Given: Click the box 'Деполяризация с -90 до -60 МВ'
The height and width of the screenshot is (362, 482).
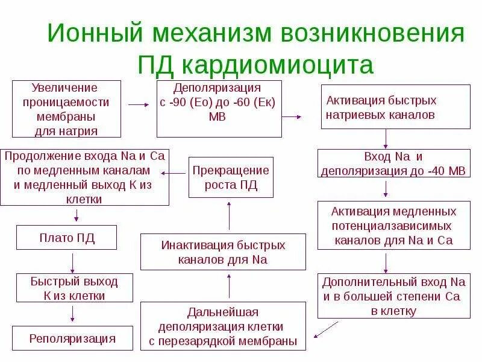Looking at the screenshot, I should (x=218, y=109).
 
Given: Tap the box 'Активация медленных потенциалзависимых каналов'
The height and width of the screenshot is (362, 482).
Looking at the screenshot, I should (x=394, y=226).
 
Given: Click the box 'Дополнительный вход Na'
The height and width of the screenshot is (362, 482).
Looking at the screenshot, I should (x=394, y=296).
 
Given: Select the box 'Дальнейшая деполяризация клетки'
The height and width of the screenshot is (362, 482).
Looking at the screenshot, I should (x=222, y=326).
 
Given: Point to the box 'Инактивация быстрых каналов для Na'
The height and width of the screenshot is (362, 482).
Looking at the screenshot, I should (x=222, y=252).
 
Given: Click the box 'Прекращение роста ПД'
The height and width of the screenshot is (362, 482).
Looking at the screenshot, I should (x=230, y=177).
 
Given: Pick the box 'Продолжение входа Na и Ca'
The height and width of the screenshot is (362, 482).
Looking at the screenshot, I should (x=84, y=177).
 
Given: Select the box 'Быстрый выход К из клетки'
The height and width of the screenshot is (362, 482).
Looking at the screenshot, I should (x=74, y=288).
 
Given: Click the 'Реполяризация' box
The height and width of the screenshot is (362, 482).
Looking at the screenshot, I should (x=72, y=338).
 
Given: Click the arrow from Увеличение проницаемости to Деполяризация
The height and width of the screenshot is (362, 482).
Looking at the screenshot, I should (x=138, y=104).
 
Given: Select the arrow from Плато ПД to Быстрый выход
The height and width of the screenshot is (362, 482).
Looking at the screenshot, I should (x=73, y=262).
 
